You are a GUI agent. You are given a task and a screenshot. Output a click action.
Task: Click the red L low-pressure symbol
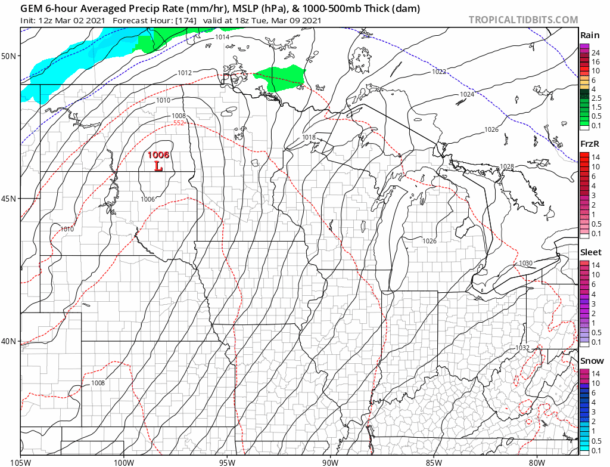[158, 166]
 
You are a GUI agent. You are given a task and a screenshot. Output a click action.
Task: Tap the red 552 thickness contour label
[179, 123]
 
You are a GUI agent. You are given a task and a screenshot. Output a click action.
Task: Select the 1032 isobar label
[522, 347]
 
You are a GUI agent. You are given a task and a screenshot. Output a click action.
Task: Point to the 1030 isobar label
[525, 263]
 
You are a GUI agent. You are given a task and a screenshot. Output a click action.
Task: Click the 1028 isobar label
[507, 166]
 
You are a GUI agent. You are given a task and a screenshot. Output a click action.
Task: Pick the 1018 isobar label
[309, 137]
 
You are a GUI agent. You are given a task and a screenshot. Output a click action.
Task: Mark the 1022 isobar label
[439, 72]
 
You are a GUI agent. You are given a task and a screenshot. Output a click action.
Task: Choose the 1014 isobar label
[222, 37]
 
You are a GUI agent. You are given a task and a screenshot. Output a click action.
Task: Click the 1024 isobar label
[467, 94]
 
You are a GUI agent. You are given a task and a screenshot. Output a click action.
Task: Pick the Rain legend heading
[590, 35]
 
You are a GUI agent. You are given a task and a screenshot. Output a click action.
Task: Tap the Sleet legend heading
[591, 252]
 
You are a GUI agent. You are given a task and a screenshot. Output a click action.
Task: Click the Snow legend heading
[591, 361]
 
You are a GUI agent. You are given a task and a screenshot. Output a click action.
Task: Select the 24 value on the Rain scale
[595, 53]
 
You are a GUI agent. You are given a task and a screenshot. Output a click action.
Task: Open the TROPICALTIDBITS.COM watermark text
[523, 20]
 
